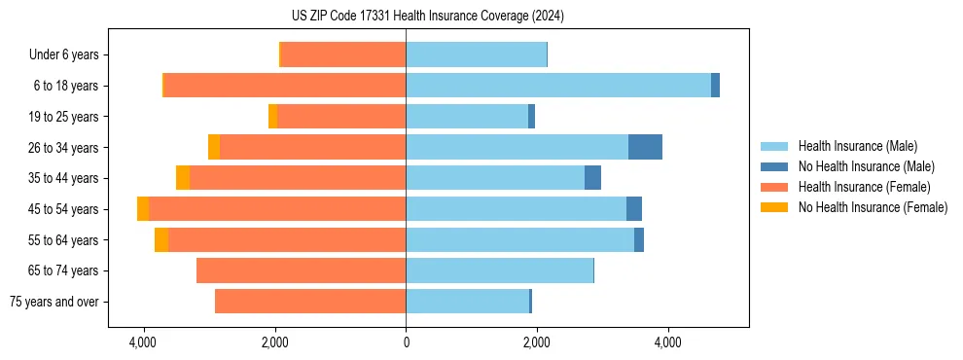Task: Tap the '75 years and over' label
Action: click(53, 302)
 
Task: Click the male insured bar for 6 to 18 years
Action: click(558, 86)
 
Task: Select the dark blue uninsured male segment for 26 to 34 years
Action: click(645, 148)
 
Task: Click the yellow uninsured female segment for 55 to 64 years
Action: click(161, 240)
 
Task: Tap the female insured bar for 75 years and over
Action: click(310, 302)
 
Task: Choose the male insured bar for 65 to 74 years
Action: click(499, 270)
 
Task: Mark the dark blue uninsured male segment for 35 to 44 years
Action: click(592, 178)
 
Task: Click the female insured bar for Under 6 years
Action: click(343, 55)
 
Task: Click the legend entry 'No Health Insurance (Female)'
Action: click(873, 207)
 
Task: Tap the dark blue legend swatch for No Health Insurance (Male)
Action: click(774, 166)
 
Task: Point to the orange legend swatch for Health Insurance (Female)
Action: click(774, 187)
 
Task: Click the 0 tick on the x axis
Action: click(406, 342)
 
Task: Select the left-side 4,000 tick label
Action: click(143, 342)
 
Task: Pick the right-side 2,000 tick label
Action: click(536, 342)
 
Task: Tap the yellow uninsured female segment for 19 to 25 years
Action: click(272, 117)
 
